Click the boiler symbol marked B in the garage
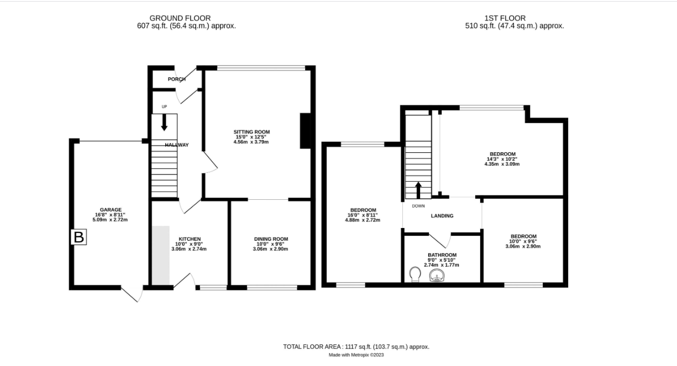79,237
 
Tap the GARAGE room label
111,210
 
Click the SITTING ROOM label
251,132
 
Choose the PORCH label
177,79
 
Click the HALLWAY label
177,145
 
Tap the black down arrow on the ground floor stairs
164,122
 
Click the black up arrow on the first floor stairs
418,190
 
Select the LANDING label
442,216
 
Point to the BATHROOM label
442,255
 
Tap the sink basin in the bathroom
437,275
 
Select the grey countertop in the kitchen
161,255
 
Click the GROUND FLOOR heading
180,18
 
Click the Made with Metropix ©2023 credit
356,355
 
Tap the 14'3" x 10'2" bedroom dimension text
502,159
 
